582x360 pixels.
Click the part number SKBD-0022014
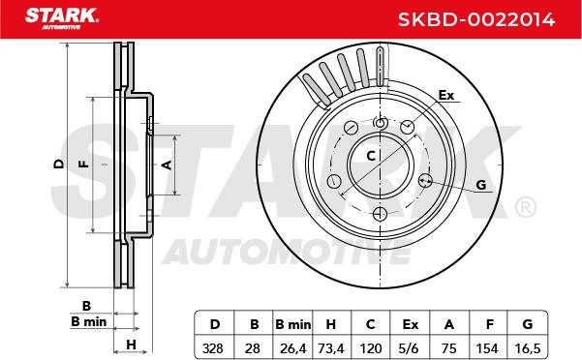tap(476, 19)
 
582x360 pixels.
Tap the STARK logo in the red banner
tap(62, 17)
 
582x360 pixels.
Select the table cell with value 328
tap(213, 348)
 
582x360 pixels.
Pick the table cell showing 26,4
tap(292, 348)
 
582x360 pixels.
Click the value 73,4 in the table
tap(331, 348)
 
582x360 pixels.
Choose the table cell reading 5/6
tap(411, 348)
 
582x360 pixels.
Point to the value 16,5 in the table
tap(527, 348)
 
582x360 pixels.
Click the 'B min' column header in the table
tap(292, 324)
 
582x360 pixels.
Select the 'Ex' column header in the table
tap(411, 324)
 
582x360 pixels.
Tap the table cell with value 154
tap(487, 348)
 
